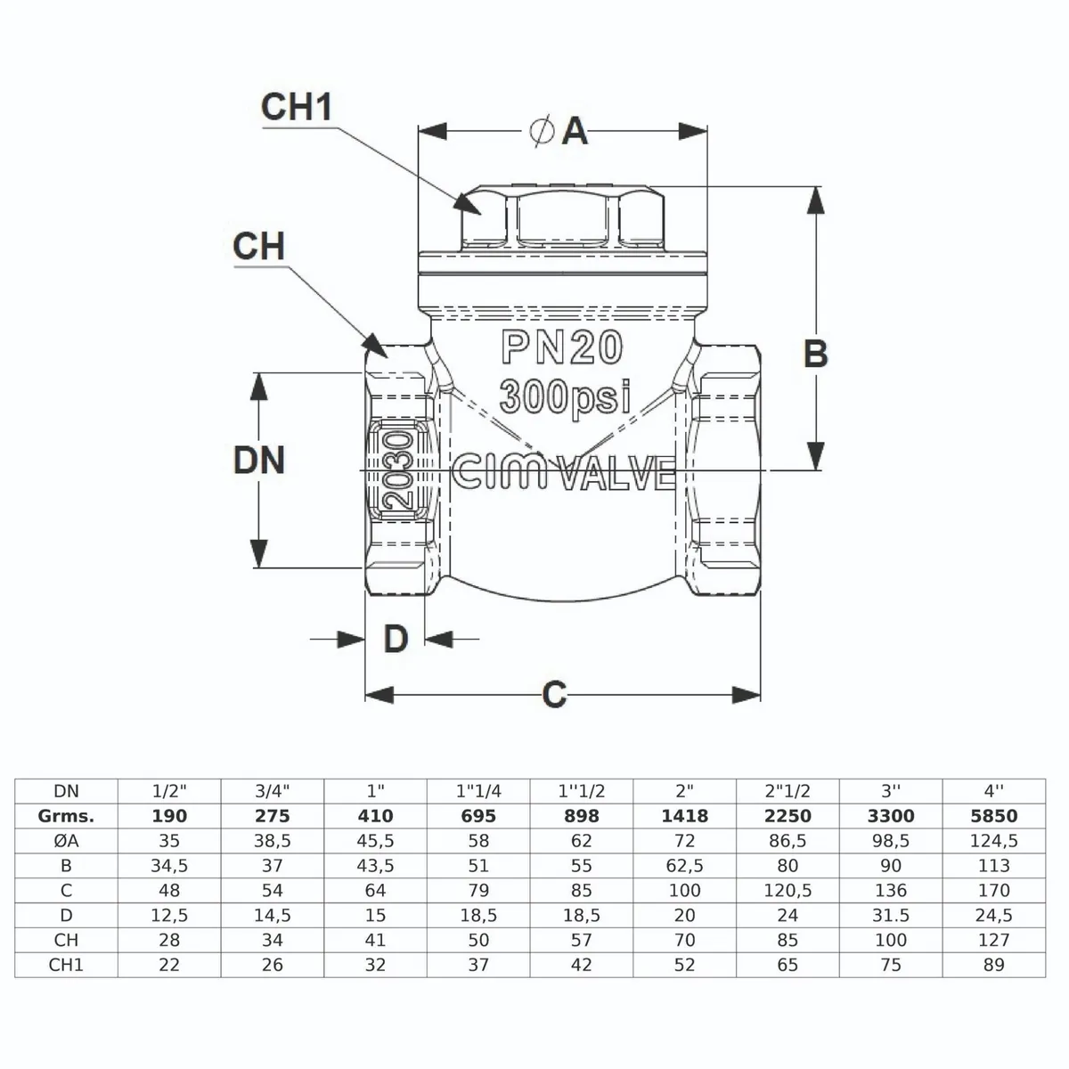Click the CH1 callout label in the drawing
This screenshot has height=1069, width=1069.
pos(297,107)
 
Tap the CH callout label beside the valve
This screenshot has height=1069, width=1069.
pos(258,247)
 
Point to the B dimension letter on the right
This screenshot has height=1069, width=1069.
pos(815,354)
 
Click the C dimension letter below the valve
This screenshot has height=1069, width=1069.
pos(554,695)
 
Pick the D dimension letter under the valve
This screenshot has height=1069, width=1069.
pos(396,639)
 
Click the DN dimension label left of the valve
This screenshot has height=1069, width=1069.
pos(258,461)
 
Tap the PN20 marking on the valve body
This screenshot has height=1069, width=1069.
pos(562,348)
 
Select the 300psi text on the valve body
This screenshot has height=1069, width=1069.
pos(565,396)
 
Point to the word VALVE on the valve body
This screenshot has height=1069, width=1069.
pos(617,473)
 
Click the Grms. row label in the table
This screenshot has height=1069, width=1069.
pos(66,815)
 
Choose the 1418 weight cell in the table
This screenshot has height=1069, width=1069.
pos(684,815)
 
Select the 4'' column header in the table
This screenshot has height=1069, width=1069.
pos(993,790)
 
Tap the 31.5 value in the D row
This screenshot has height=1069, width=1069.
pos(891,915)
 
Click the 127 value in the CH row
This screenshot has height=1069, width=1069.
pos(993,940)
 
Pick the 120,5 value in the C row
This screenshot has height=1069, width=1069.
pos(787,890)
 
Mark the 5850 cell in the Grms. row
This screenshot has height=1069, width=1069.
pos(993,815)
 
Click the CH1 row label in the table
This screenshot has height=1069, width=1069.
pos(66,965)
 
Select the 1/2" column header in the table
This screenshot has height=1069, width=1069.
pos(169,790)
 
